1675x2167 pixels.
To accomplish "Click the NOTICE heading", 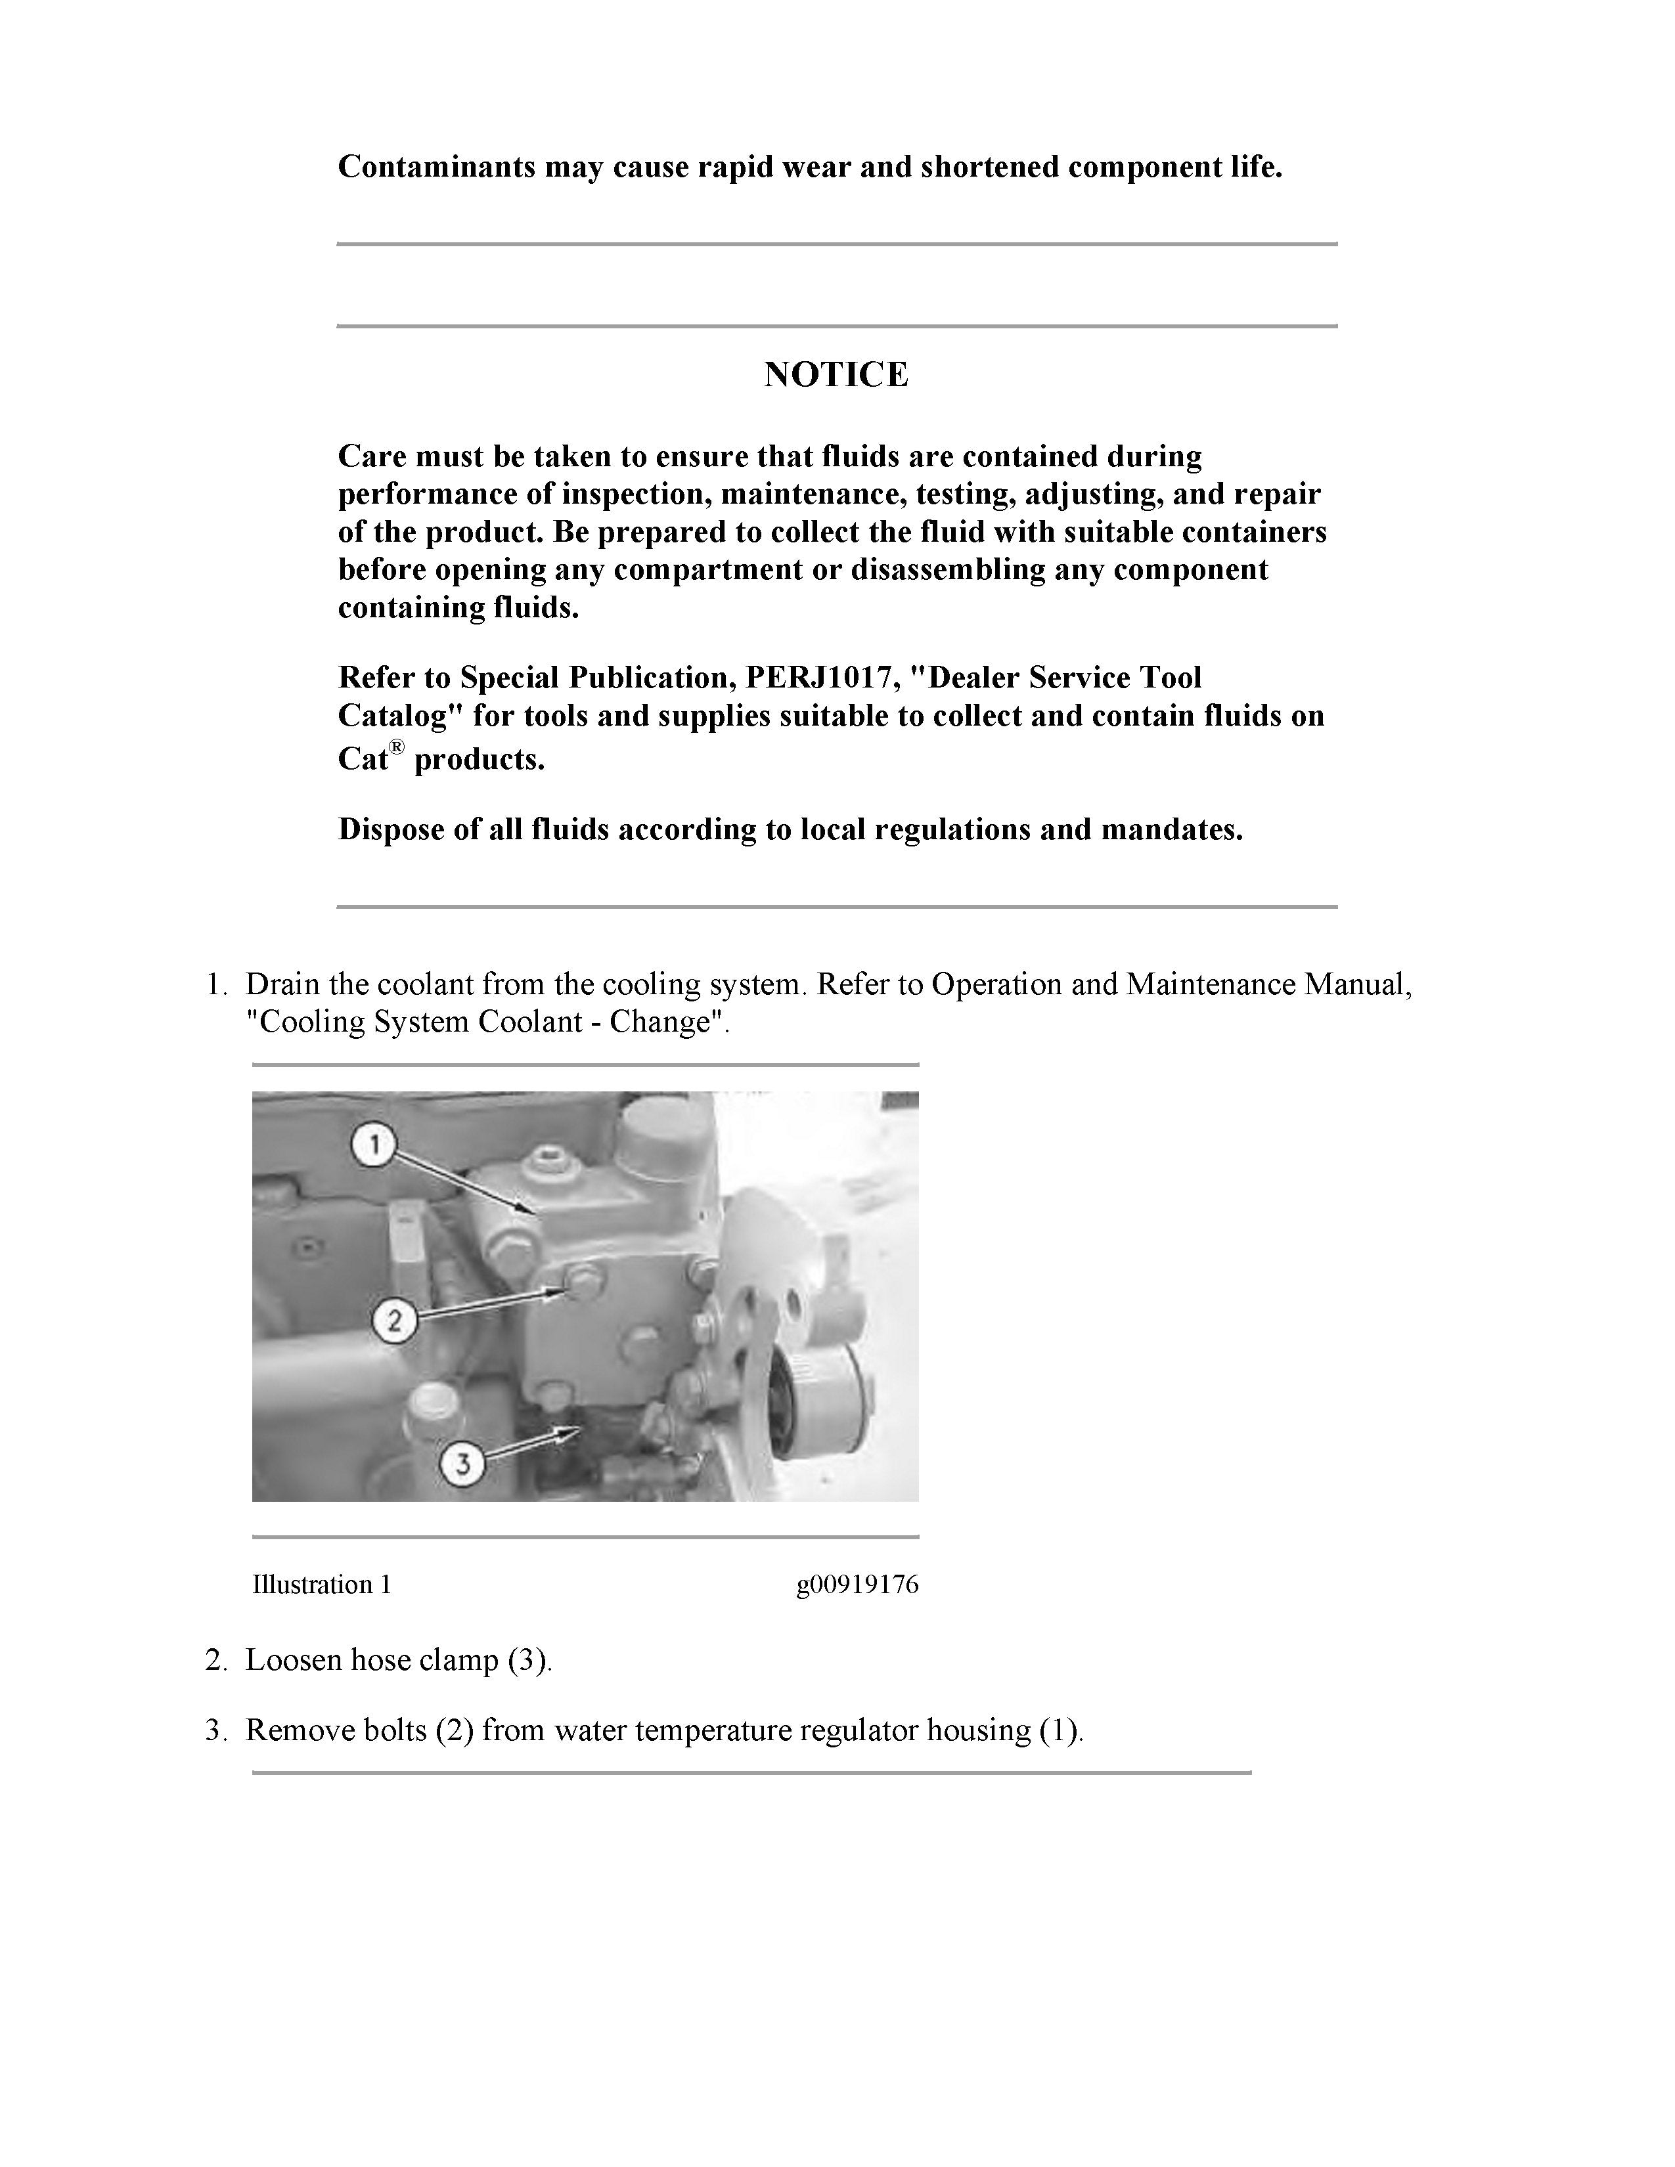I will pyautogui.click(x=836, y=375).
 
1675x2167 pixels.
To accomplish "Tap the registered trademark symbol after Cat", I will pyautogui.click(x=397, y=747).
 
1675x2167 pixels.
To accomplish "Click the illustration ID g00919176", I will pyautogui.click(x=857, y=1585).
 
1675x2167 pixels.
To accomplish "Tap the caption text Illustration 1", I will pyautogui.click(x=321, y=1585).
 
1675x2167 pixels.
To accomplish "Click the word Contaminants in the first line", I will pyautogui.click(x=437, y=167).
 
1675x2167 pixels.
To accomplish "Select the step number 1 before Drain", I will pyautogui.click(x=215, y=984).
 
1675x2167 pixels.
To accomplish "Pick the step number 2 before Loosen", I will pyautogui.click(x=215, y=1660).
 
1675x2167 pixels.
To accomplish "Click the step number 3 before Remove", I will pyautogui.click(x=215, y=1730).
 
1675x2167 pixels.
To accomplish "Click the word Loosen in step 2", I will pyautogui.click(x=294, y=1660).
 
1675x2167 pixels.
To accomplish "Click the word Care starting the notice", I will pyautogui.click(x=372, y=456).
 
